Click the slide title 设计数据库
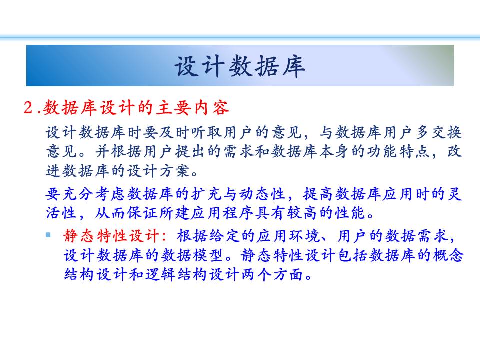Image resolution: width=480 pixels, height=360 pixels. [x=240, y=66]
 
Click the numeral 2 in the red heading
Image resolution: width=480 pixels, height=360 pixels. [x=28, y=108]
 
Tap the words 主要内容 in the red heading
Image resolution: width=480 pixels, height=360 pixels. [x=193, y=108]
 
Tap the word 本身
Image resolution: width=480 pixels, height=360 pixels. [x=334, y=152]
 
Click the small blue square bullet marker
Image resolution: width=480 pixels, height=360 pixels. [x=48, y=235]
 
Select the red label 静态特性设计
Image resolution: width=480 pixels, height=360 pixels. [x=112, y=236]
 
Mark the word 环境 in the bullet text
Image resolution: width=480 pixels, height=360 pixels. [x=304, y=236]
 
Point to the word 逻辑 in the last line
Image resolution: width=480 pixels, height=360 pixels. [x=160, y=274]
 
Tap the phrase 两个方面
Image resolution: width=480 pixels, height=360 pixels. [x=273, y=274]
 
